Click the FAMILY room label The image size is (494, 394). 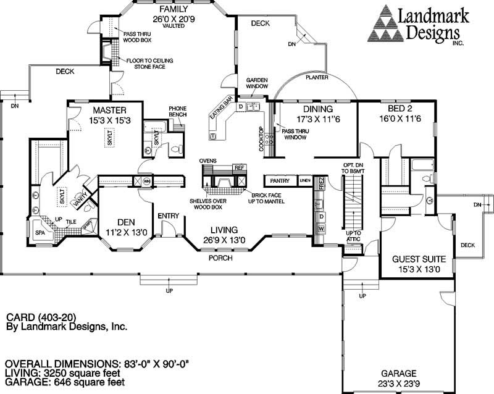point(172,10)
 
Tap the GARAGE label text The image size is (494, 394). point(398,373)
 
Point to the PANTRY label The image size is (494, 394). point(280,181)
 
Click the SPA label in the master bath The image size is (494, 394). point(40,233)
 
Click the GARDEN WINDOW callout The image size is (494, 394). point(256,84)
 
